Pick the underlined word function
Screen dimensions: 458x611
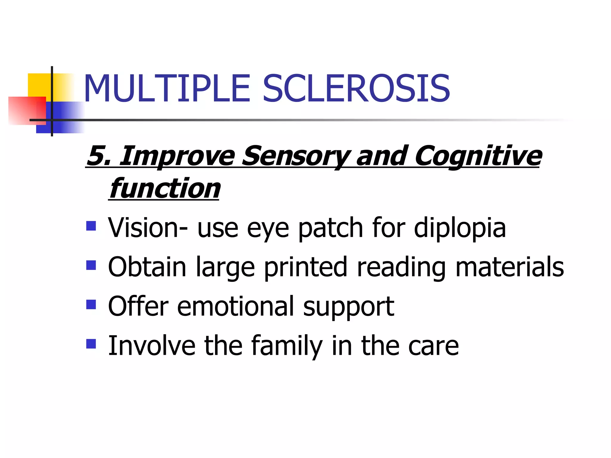click(165, 188)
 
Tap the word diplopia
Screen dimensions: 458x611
click(460, 228)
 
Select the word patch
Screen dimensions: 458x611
click(331, 228)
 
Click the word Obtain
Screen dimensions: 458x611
click(147, 267)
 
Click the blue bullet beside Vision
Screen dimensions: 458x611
click(91, 226)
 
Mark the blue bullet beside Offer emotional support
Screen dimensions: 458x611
click(91, 304)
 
